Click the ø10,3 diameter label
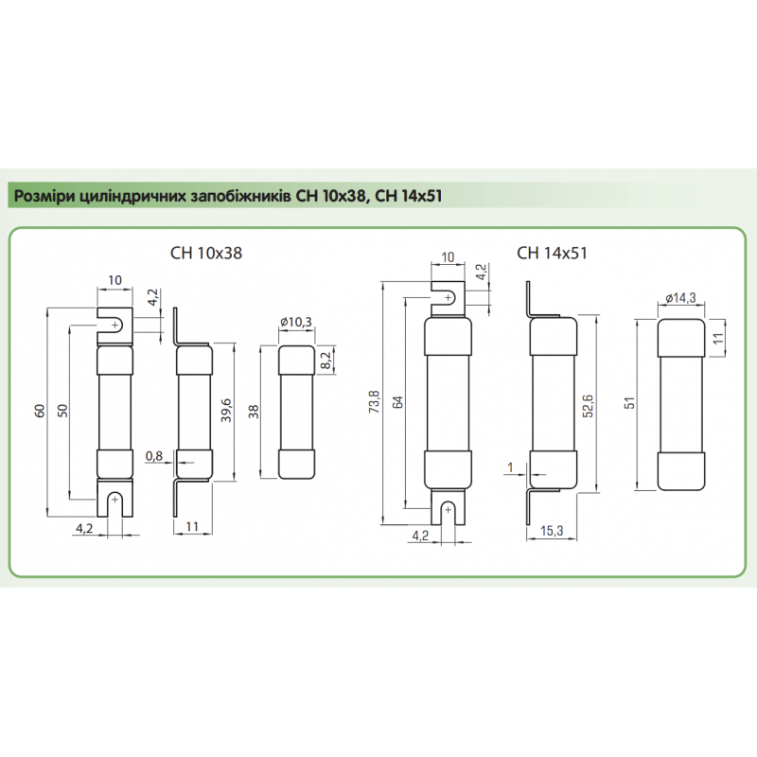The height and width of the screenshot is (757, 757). click(297, 323)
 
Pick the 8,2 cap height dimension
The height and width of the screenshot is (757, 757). click(327, 361)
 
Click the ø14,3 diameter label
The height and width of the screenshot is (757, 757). click(680, 298)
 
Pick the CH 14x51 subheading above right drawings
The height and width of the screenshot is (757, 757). click(553, 253)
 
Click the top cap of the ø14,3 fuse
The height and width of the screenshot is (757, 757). click(680, 336)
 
